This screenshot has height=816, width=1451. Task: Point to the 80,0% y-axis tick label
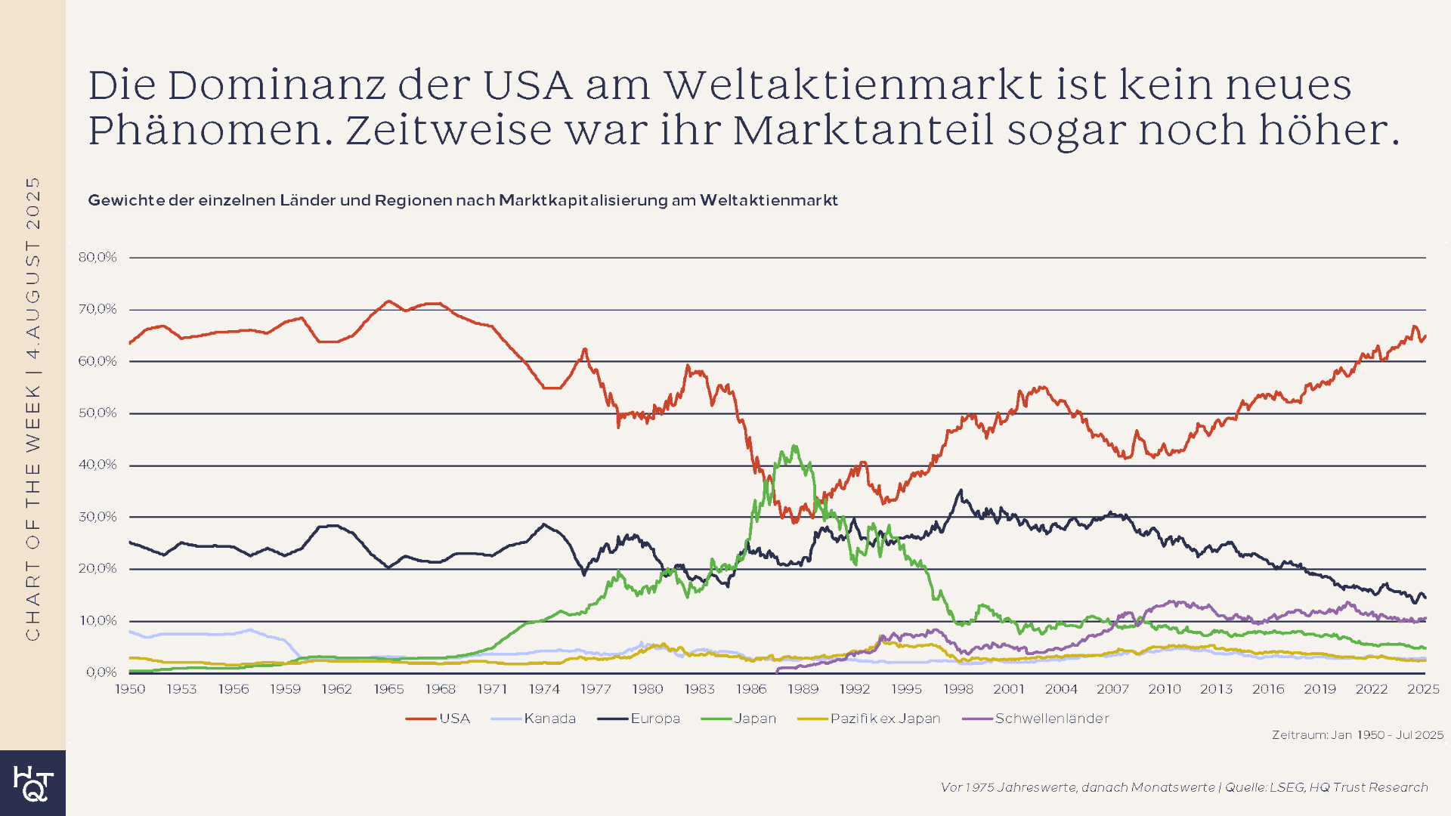tap(97, 257)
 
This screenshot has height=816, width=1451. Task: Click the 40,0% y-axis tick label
tap(97, 465)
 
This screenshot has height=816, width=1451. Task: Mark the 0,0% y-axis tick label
tap(101, 672)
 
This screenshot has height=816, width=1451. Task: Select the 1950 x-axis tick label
tap(130, 689)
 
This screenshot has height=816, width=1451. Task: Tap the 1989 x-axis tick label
tap(803, 689)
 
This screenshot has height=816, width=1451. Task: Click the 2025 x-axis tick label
tap(1423, 689)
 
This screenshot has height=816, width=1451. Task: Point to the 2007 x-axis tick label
tap(1112, 689)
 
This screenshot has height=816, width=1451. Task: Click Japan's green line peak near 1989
tap(794, 447)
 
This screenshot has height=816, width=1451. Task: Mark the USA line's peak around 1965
tap(388, 301)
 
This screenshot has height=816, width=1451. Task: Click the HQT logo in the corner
tap(32, 783)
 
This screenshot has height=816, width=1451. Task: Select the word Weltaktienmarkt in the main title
tap(852, 85)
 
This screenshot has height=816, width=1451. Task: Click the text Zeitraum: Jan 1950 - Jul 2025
tap(1357, 735)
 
